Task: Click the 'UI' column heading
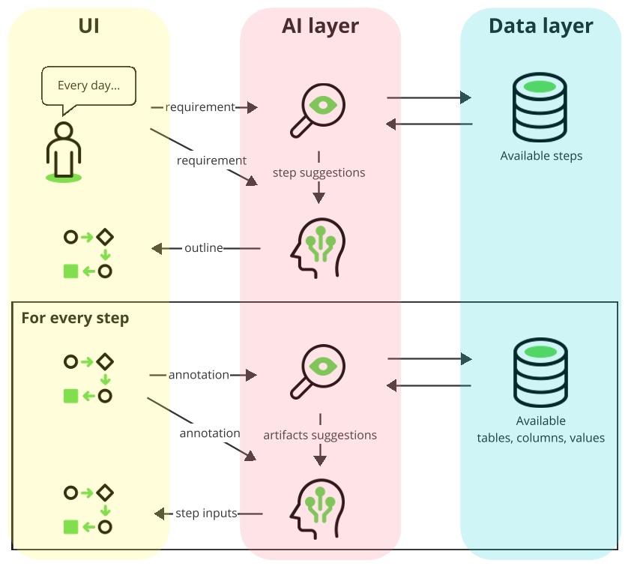click(88, 27)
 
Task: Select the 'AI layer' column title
click(320, 27)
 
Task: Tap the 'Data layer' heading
click(540, 27)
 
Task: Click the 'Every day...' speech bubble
click(88, 85)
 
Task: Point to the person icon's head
click(64, 130)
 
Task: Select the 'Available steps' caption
click(541, 156)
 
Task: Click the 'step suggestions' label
click(319, 172)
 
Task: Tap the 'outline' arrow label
click(204, 248)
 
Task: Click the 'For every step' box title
click(75, 318)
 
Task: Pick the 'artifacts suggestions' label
click(320, 435)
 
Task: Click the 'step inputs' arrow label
click(206, 514)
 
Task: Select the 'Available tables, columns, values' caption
click(540, 430)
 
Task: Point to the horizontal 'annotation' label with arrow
click(199, 375)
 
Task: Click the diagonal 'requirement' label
click(211, 160)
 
